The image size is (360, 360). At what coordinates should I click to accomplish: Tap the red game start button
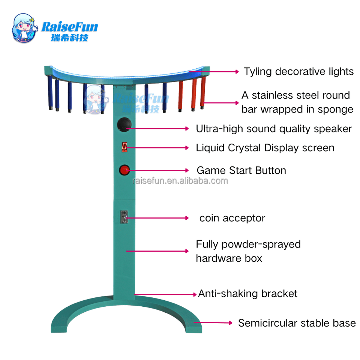click(x=124, y=170)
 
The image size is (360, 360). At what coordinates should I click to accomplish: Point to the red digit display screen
click(x=124, y=147)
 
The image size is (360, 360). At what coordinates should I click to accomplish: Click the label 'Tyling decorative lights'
click(x=298, y=71)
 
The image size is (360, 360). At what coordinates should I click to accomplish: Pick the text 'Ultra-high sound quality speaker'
click(x=274, y=129)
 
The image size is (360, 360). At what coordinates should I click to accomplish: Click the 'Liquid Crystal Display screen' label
click(x=265, y=148)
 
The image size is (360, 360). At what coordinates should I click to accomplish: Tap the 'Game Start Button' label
click(x=241, y=171)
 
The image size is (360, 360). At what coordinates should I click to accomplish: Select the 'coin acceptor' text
click(x=232, y=218)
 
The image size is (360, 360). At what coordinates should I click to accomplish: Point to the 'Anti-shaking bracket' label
click(x=247, y=294)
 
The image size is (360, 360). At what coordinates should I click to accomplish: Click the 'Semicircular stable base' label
click(x=297, y=323)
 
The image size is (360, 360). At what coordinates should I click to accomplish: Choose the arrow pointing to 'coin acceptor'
click(x=157, y=218)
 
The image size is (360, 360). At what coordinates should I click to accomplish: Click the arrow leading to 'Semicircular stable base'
click(x=214, y=322)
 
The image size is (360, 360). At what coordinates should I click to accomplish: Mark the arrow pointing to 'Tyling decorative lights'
click(x=214, y=71)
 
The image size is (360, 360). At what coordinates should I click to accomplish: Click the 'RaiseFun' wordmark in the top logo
click(x=70, y=27)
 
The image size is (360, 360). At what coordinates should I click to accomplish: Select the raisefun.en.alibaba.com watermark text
click(x=180, y=181)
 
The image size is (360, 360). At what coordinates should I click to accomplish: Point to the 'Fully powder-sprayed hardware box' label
click(x=248, y=251)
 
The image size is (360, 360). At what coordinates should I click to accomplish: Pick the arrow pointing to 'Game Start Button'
click(x=157, y=170)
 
